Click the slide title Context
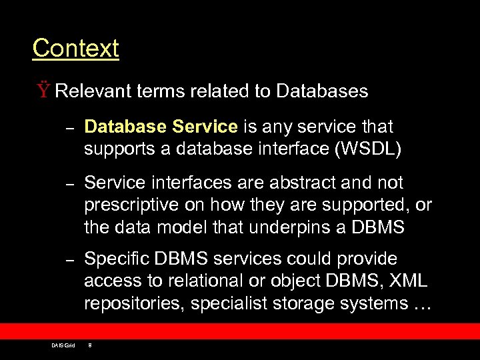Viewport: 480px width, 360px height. pos(75,48)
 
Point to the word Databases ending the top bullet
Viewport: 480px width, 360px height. pos(322,91)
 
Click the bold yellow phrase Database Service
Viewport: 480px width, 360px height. pos(161,127)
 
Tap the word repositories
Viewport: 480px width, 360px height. pos(134,303)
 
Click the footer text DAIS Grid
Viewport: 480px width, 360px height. pos(63,345)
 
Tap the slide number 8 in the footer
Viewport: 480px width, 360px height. pos(90,345)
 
